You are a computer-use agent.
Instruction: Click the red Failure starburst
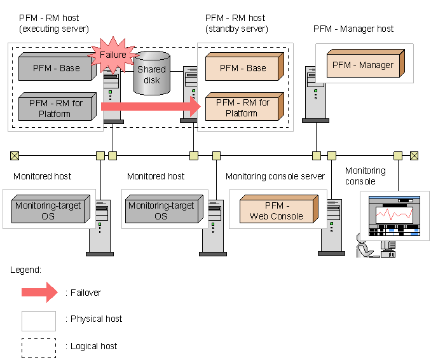pyautogui.click(x=113, y=56)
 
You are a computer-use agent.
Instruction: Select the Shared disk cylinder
pyautogui.click(x=151, y=74)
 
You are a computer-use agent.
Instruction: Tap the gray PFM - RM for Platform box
pyautogui.click(x=55, y=108)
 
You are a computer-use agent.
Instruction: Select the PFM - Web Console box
pyautogui.click(x=278, y=211)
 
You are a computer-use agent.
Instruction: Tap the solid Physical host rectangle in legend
pyautogui.click(x=39, y=320)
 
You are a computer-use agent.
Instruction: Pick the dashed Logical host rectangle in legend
pyautogui.click(x=39, y=347)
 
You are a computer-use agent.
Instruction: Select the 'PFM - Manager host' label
pyautogui.click(x=353, y=29)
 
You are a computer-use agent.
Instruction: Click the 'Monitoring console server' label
pyautogui.click(x=275, y=176)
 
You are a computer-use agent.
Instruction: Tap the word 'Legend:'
pyautogui.click(x=26, y=270)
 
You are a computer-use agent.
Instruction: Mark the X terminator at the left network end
pyautogui.click(x=15, y=155)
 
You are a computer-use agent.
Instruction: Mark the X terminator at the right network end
pyautogui.click(x=414, y=155)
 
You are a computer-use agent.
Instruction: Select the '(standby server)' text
pyautogui.click(x=236, y=29)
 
